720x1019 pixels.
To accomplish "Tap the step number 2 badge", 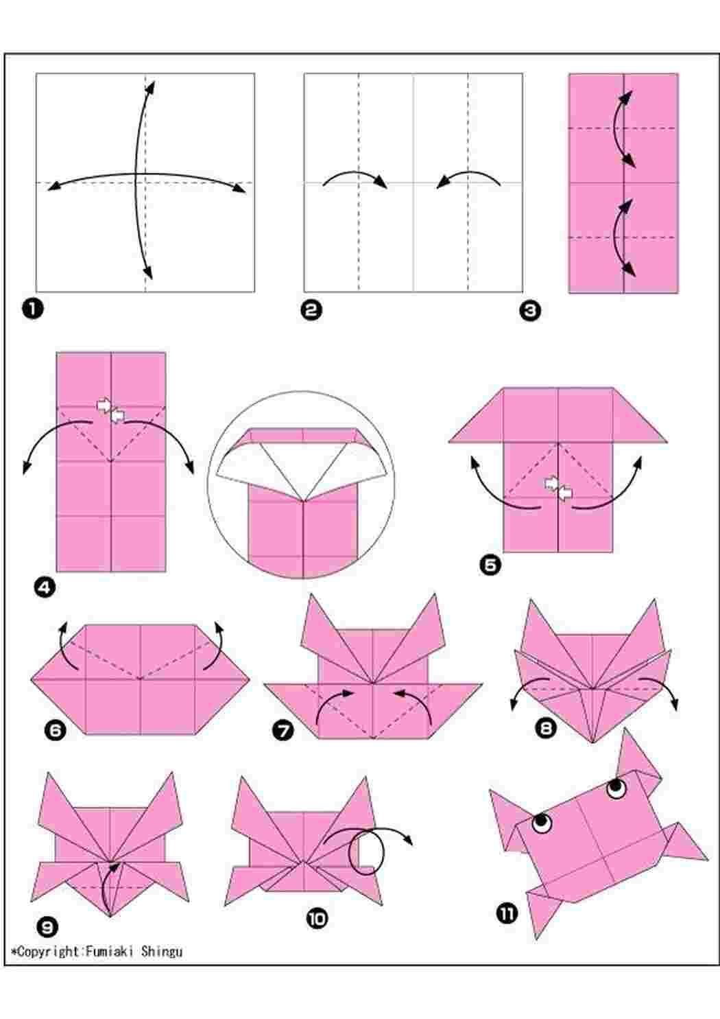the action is coord(311,310).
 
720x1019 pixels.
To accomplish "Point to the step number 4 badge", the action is coord(45,587).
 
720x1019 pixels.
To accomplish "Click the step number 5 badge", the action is coord(490,565).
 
